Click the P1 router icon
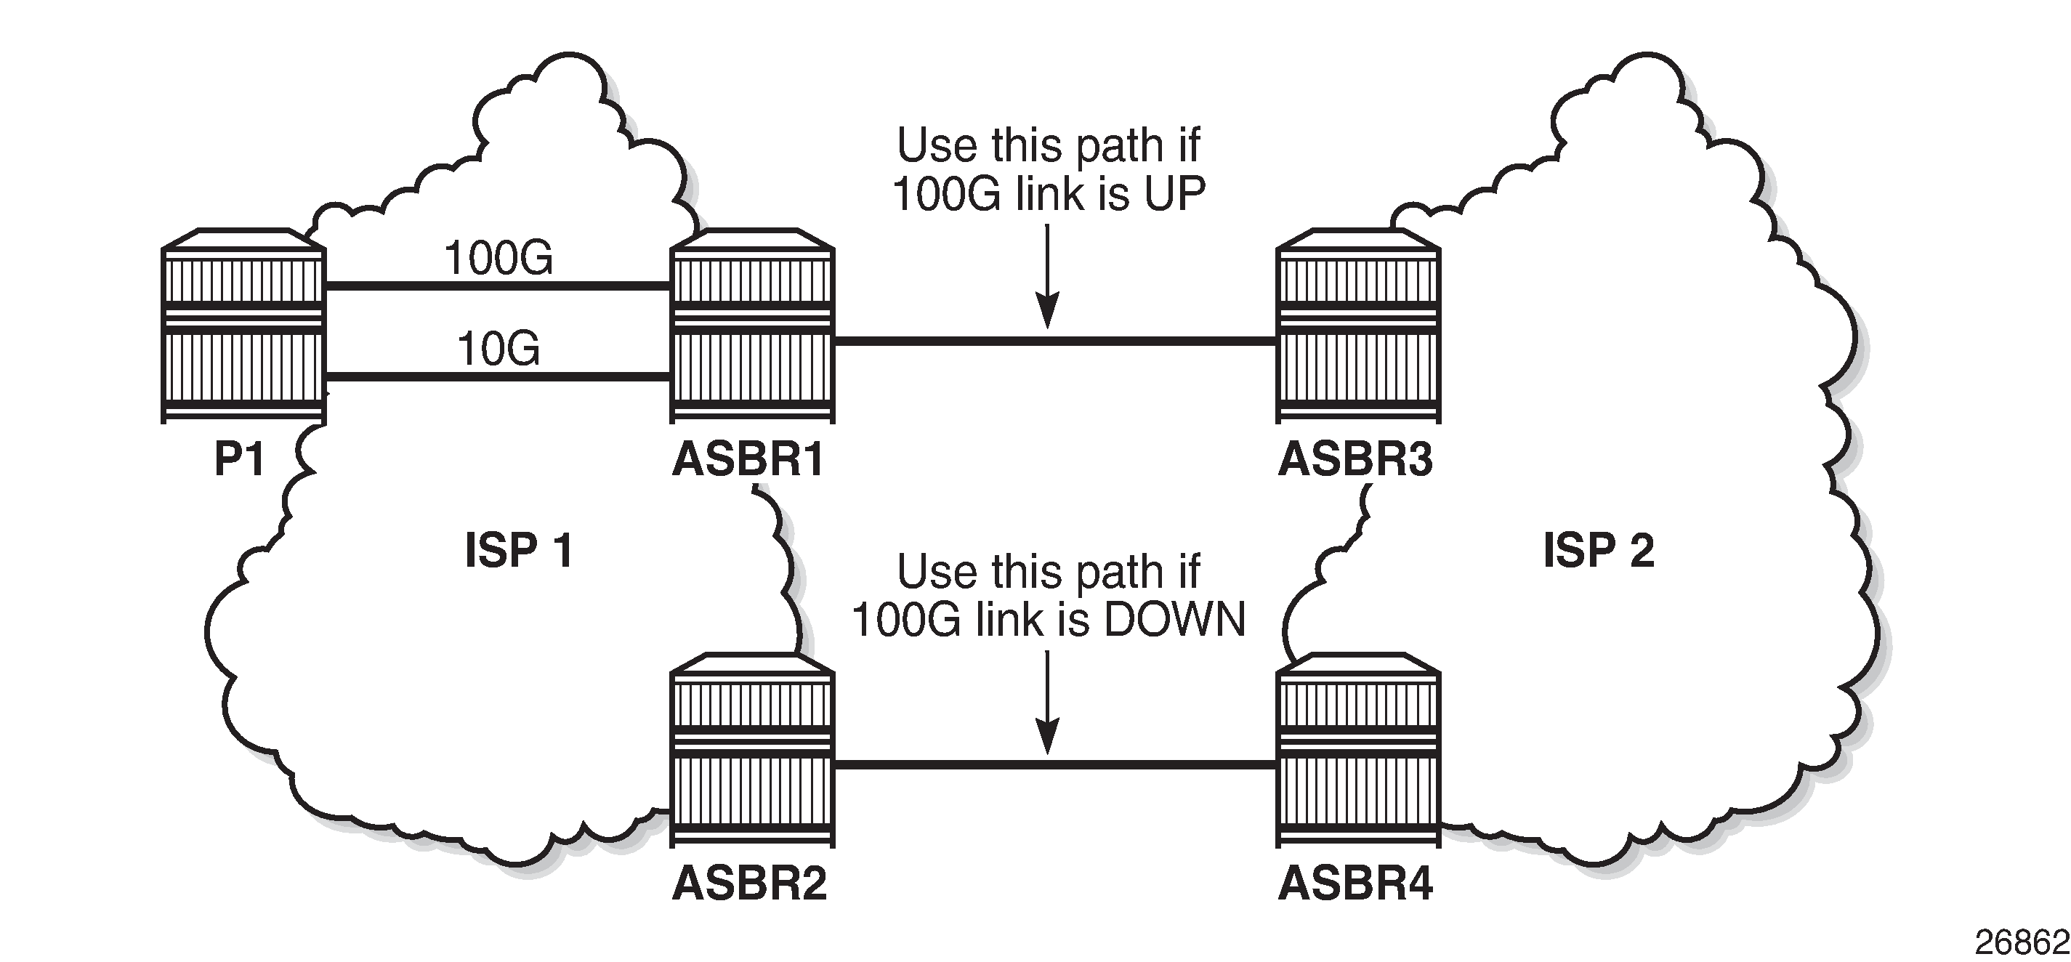point(243,326)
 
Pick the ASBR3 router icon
point(1358,326)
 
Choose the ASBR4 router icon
point(1358,750)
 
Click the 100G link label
point(498,259)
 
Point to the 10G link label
point(498,349)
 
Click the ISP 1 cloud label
point(519,551)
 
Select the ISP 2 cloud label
point(1598,551)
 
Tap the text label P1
point(240,460)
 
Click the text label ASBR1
point(748,460)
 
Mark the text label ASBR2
point(749,884)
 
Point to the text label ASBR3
point(1355,460)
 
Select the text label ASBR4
point(1355,884)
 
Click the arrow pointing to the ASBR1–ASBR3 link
point(1048,278)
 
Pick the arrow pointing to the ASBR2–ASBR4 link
point(1048,703)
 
